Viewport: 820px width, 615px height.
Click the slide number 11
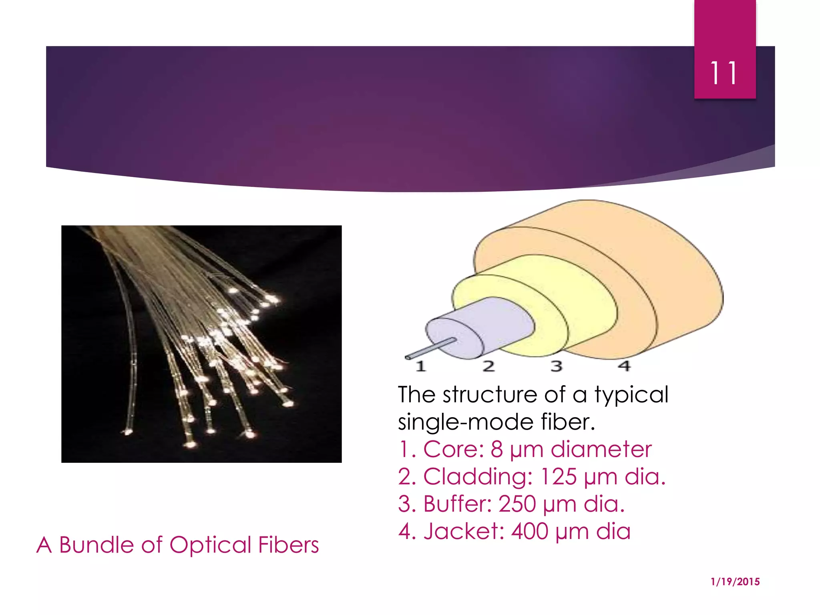point(724,73)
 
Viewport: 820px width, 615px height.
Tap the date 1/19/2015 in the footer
point(735,582)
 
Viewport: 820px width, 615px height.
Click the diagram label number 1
point(420,366)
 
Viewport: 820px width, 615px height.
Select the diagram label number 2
point(488,366)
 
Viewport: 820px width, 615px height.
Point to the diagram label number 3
point(557,366)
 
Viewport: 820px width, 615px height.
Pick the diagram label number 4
point(624,366)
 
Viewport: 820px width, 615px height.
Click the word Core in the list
point(453,449)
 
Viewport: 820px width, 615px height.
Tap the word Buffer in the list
point(457,504)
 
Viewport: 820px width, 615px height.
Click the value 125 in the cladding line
point(559,476)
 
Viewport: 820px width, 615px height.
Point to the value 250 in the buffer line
point(517,504)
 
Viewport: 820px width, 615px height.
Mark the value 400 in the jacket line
point(529,531)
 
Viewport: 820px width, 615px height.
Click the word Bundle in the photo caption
point(96,545)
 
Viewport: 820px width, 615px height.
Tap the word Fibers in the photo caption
point(288,545)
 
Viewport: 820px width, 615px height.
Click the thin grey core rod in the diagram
point(430,348)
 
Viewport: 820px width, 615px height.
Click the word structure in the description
point(490,395)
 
